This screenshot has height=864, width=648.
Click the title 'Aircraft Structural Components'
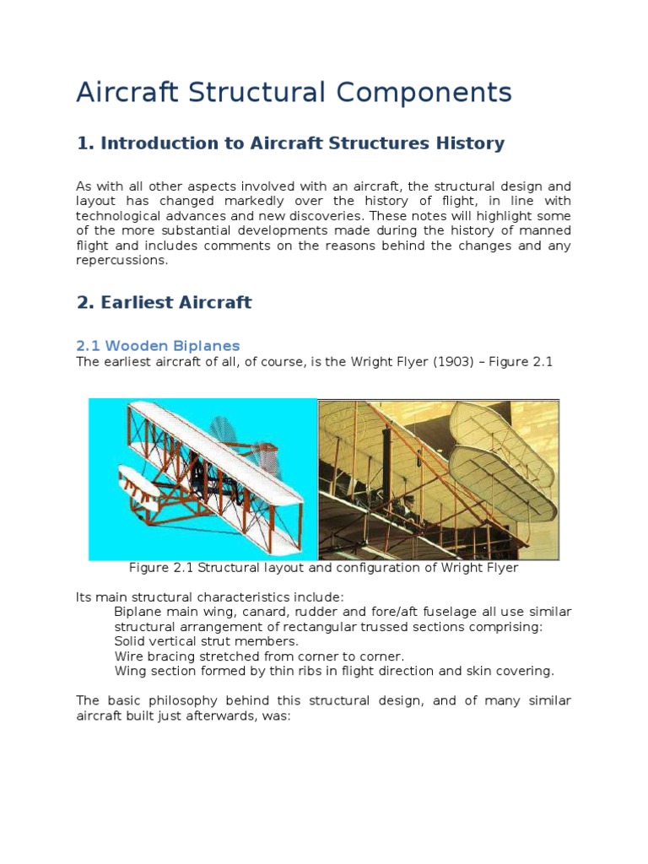click(294, 92)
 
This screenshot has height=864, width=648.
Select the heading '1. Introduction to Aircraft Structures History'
click(290, 143)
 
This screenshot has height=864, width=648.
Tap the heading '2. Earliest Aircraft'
click(164, 302)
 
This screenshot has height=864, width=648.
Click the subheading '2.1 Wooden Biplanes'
click(158, 346)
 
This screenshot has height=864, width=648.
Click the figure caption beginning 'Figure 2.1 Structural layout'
click(323, 568)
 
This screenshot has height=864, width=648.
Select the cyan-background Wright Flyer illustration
click(202, 479)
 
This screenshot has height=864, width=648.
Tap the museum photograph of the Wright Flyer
click(438, 479)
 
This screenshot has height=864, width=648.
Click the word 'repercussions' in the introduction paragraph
click(121, 261)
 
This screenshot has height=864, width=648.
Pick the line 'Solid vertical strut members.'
click(206, 641)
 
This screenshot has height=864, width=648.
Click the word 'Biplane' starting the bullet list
click(138, 611)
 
